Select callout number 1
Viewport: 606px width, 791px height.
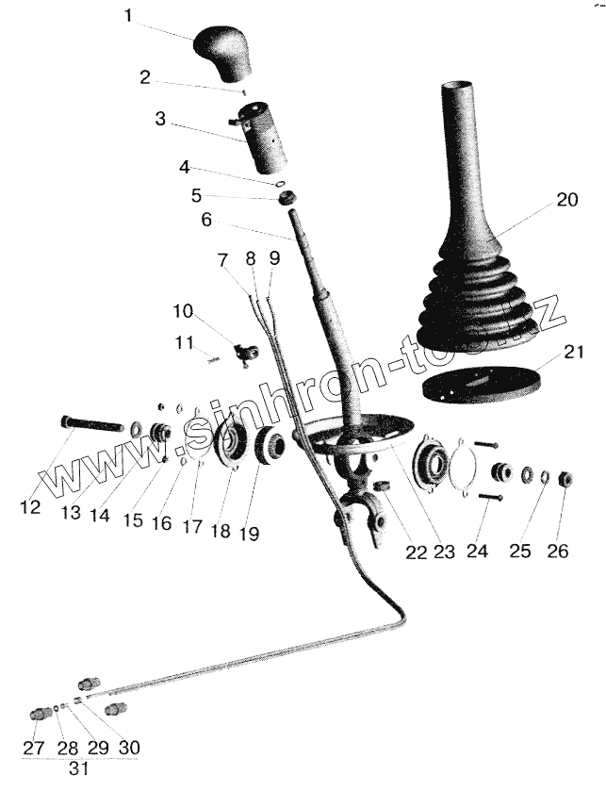coord(129,16)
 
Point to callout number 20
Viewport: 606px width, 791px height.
coord(565,200)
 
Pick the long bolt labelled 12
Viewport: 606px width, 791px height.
coord(91,424)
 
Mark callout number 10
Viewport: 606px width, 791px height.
coord(182,311)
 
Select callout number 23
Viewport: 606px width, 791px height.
coord(444,552)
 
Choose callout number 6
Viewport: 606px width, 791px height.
coord(206,220)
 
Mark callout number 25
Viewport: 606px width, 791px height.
coord(519,551)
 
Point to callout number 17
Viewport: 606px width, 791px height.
coord(192,527)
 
